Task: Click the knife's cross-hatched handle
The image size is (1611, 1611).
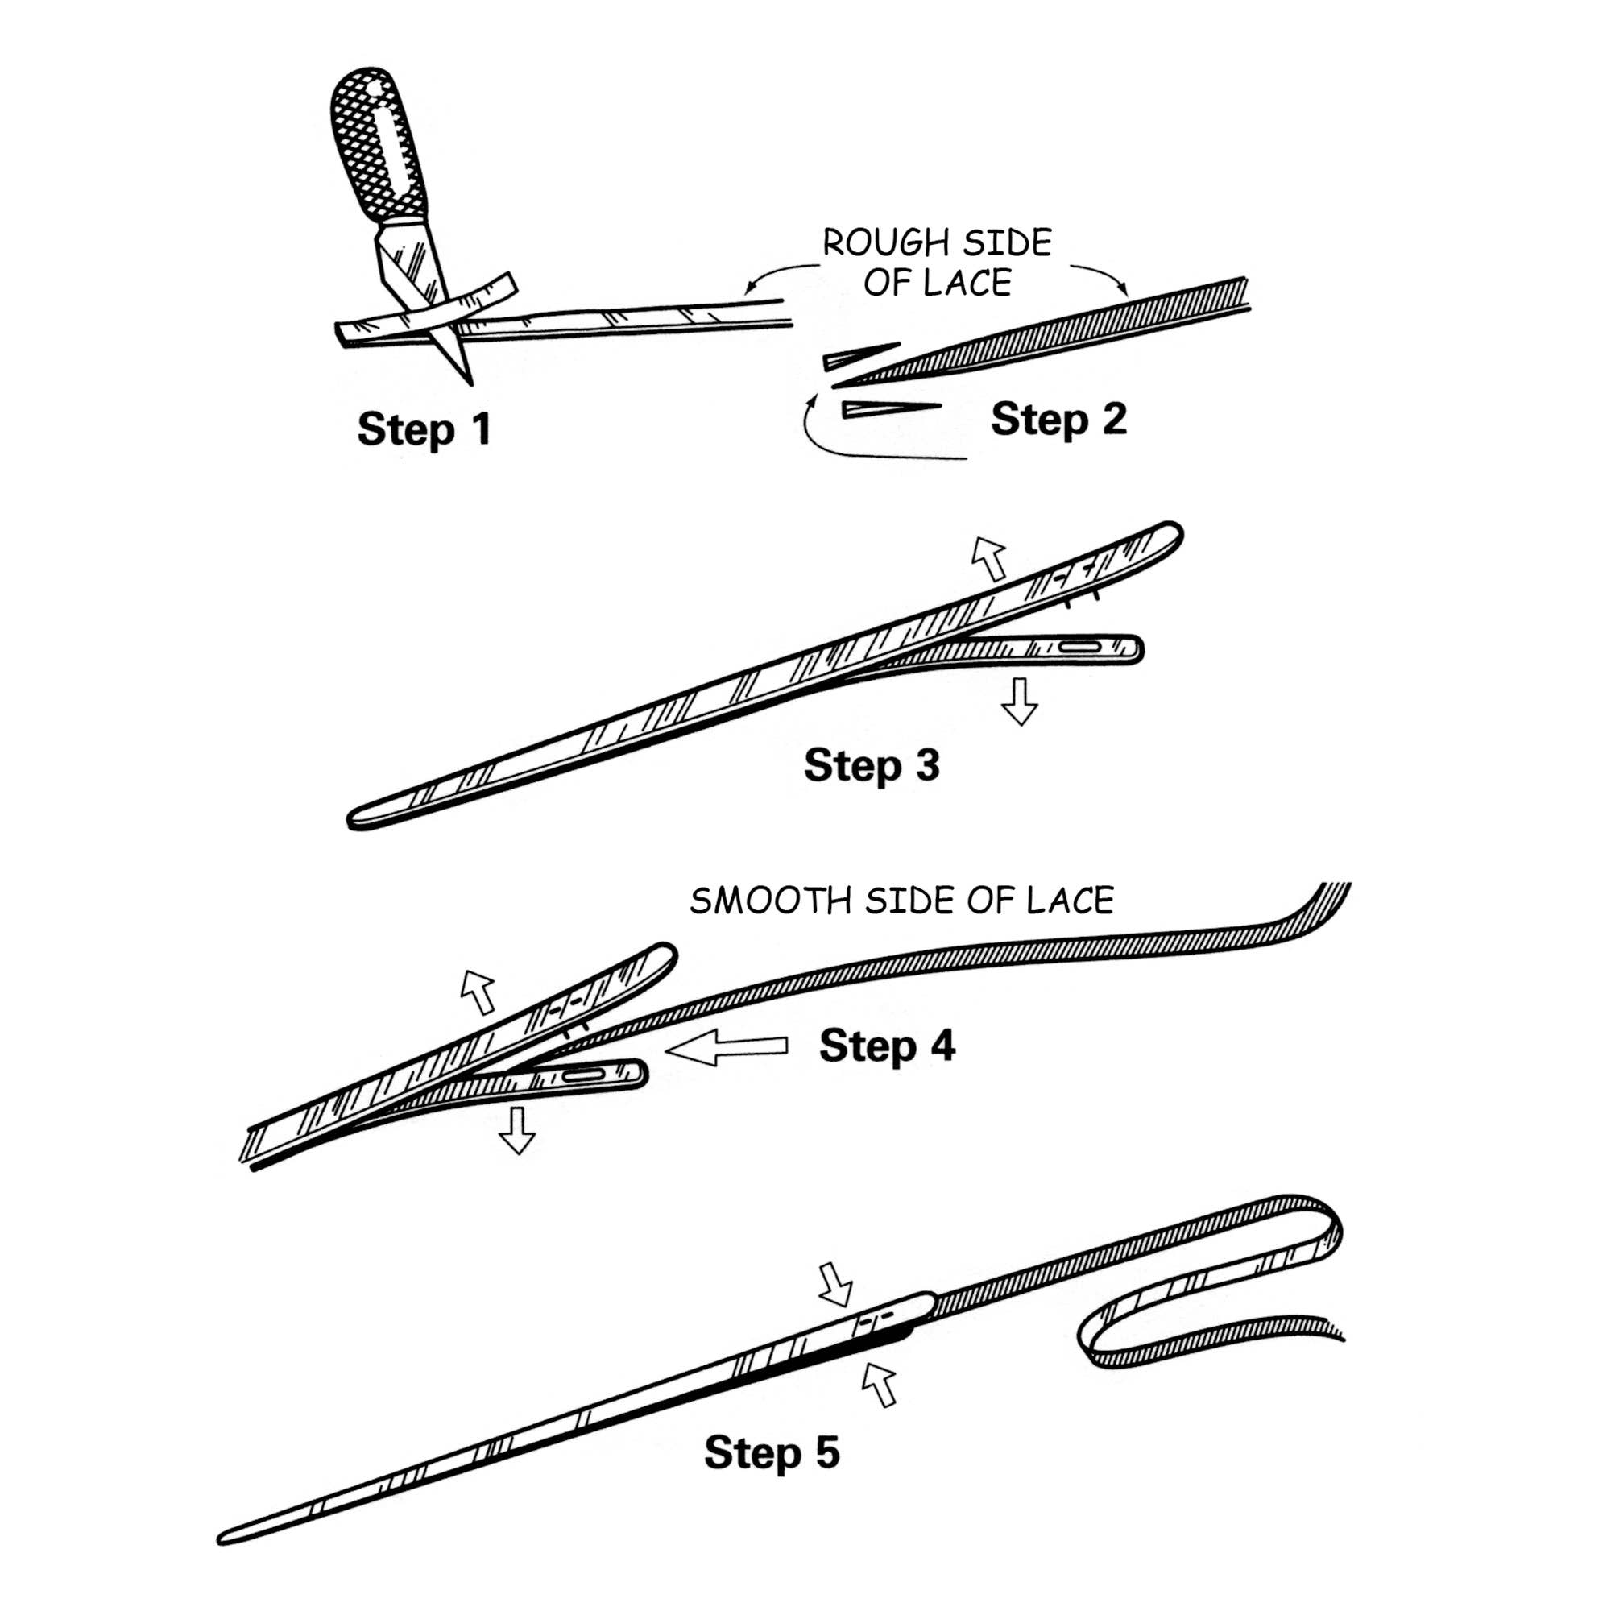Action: point(379,150)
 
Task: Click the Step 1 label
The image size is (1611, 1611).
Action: point(424,429)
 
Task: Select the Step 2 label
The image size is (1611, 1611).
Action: point(1058,419)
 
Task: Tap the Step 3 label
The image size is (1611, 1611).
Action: point(872,764)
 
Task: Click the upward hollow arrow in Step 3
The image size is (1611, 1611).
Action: point(990,558)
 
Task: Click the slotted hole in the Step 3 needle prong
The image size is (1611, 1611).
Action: point(1081,647)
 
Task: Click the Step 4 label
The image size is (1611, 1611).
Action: point(887,1045)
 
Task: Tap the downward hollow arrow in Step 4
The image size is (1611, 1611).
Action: point(517,1130)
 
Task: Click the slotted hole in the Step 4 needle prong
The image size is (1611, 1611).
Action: point(584,1075)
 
